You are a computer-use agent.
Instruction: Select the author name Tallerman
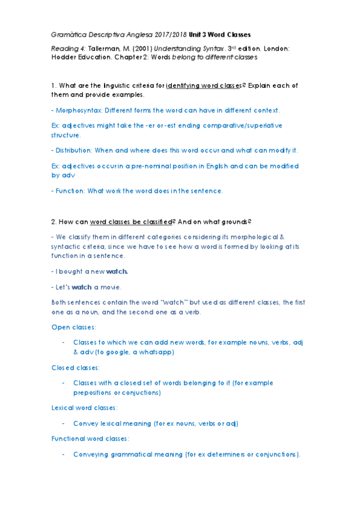point(103,47)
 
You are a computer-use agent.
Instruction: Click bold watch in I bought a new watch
point(117,271)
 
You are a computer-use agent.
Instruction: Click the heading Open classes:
point(74,327)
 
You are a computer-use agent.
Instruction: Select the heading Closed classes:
point(76,367)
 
